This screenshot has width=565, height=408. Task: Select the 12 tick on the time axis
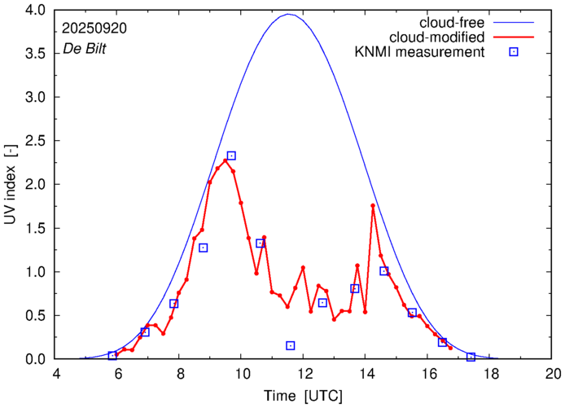tap(304, 374)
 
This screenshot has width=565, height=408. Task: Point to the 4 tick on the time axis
tap(55, 374)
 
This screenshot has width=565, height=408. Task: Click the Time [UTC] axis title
tap(304, 395)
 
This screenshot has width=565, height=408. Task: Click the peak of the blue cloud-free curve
tap(288, 14)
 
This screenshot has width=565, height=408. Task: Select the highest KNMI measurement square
tap(231, 156)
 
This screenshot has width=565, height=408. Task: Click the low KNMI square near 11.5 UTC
tap(291, 345)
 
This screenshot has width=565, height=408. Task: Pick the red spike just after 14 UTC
tap(373, 205)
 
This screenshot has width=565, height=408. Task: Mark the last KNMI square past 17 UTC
tap(471, 357)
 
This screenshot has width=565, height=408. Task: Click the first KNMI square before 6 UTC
tap(112, 355)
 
